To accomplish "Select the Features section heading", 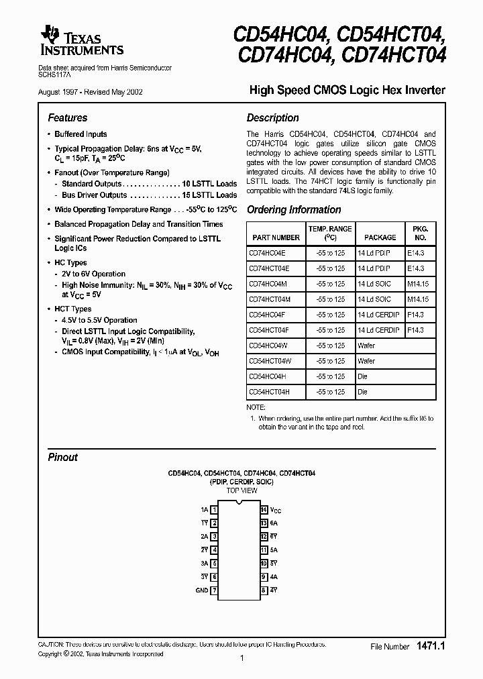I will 68,117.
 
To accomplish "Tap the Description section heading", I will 272,117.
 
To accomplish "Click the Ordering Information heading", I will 294,209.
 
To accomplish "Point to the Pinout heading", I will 63,457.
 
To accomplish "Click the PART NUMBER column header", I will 276,238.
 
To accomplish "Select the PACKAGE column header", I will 380,238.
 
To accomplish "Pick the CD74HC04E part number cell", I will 267,253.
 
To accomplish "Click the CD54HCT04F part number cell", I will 269,330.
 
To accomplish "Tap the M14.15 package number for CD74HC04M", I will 417,284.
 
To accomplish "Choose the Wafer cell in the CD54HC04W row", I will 366,346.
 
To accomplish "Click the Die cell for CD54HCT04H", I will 363,392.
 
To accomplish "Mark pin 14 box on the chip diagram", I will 264,511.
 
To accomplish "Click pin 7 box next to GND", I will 214,591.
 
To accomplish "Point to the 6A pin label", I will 274,524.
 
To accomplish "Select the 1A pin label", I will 204,511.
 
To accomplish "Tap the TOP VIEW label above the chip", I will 241,490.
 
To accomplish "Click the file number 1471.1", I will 431,645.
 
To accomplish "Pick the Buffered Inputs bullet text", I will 80,134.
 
